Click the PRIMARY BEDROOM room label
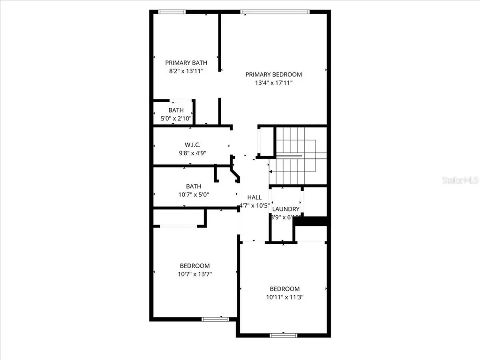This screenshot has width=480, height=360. [273, 74]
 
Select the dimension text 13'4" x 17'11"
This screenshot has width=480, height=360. [273, 83]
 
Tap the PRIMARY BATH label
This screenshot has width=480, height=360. [186, 63]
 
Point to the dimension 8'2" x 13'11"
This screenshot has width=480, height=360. [186, 71]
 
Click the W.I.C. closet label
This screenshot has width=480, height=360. [193, 145]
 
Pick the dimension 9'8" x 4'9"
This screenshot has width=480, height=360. [193, 153]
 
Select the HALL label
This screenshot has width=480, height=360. [255, 197]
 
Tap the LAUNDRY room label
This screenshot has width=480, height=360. [286, 209]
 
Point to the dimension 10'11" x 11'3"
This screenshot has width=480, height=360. [284, 297]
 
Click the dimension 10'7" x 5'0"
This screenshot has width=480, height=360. [194, 195]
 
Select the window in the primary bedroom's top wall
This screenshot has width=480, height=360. [275, 12]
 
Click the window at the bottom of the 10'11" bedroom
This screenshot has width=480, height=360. [284, 335]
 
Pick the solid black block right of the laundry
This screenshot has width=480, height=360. [312, 220]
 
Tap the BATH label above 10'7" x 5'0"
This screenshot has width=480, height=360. [194, 186]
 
